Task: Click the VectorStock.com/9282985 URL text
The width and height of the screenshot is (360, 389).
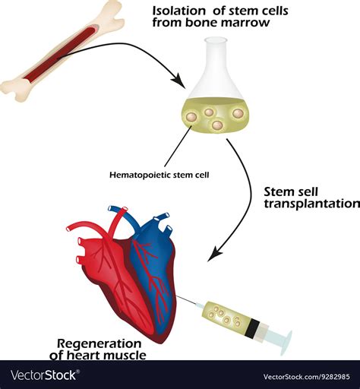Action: (307, 376)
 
